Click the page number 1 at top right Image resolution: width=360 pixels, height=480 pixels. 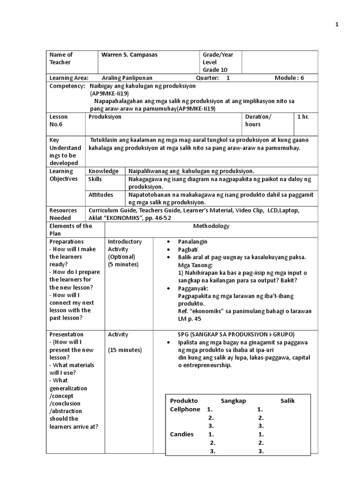pyautogui.click(x=337, y=25)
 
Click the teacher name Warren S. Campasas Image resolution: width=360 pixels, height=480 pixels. pyautogui.click(x=129, y=55)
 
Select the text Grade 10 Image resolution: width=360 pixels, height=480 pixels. pyautogui.click(x=215, y=70)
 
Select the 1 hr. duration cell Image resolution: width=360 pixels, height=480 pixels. pyautogui.click(x=303, y=117)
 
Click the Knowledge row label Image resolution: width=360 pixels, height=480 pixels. pyautogui.click(x=103, y=172)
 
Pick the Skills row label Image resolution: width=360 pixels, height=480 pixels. pyautogui.click(x=95, y=179)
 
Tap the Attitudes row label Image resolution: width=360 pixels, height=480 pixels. pyautogui.click(x=101, y=194)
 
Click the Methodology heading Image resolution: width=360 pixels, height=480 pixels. pyautogui.click(x=211, y=226)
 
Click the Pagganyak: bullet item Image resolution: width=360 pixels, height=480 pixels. pyautogui.click(x=193, y=288)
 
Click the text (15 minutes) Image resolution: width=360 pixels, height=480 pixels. pyautogui.click(x=125, y=350)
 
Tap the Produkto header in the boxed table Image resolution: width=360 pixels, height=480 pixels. pyautogui.click(x=184, y=401)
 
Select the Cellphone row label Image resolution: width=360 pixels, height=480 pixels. pyautogui.click(x=185, y=409)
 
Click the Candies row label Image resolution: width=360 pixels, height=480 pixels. pyautogui.click(x=181, y=434)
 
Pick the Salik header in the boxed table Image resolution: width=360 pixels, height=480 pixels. pyautogui.click(x=288, y=401)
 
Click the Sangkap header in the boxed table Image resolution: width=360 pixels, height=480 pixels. pyautogui.click(x=233, y=401)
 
